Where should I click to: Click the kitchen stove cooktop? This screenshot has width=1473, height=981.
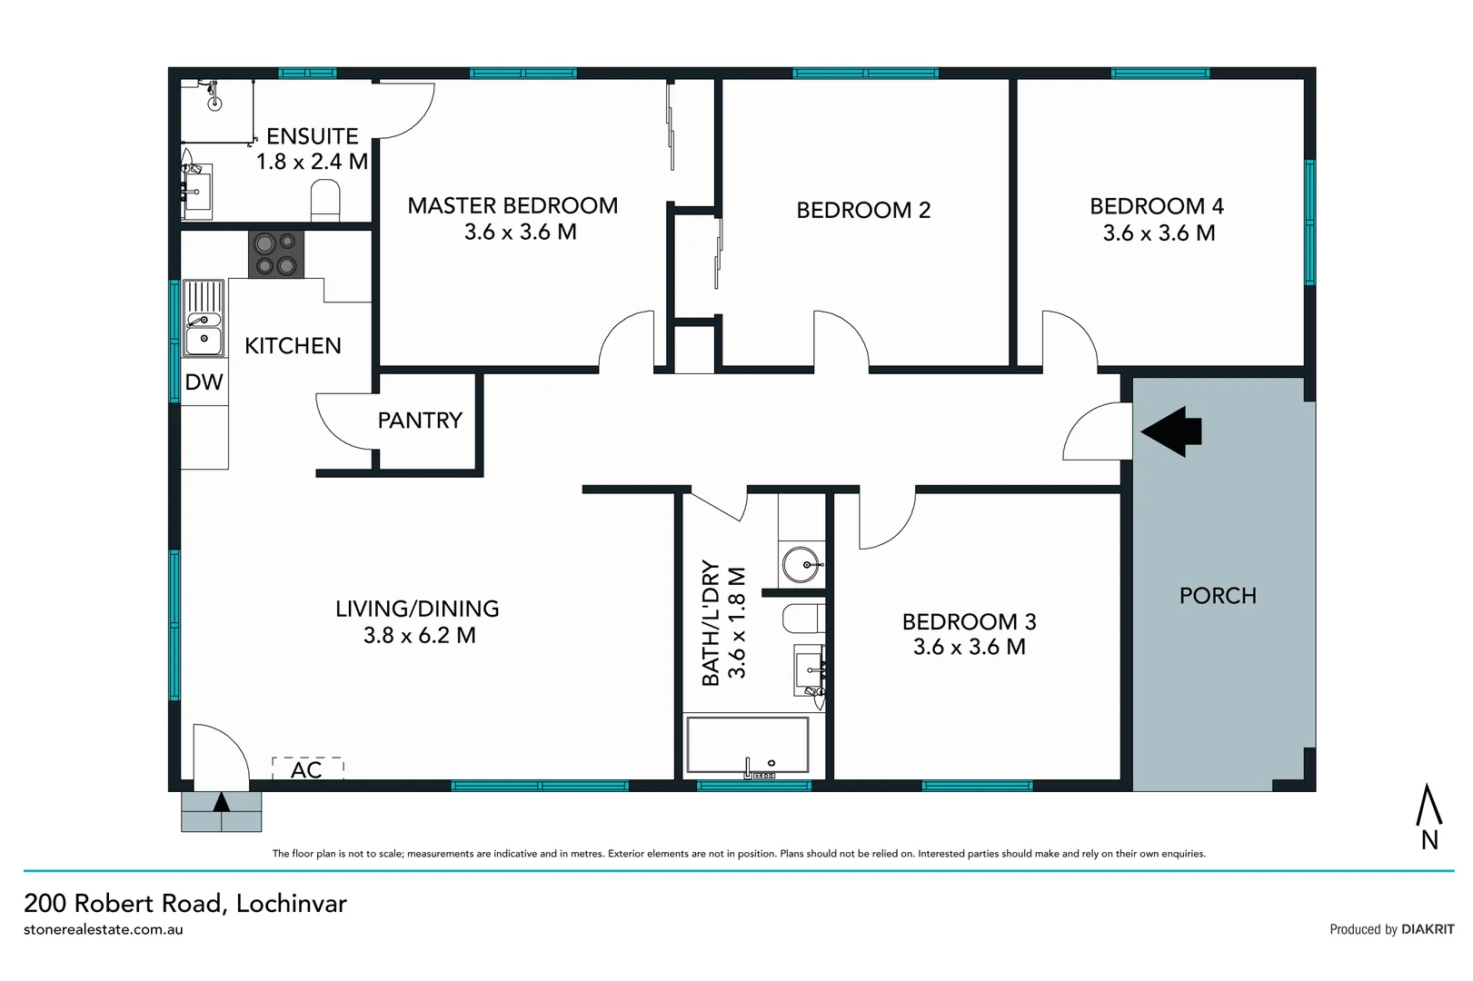tap(276, 254)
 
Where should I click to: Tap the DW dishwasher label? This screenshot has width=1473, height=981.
tap(204, 381)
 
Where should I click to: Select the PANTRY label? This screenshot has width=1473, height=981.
tap(420, 420)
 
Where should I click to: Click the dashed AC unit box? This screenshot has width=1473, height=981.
tap(307, 768)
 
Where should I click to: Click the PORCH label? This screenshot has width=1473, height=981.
tap(1218, 596)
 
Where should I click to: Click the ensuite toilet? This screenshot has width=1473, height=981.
tap(325, 200)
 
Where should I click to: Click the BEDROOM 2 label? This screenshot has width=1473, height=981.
tap(863, 210)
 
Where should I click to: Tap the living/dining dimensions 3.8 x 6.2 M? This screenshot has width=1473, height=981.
tap(419, 635)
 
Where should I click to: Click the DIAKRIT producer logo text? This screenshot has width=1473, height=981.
tap(1428, 929)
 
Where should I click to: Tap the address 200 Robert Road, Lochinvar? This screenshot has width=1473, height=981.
tap(185, 903)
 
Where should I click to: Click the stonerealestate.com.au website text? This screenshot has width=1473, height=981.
tap(104, 929)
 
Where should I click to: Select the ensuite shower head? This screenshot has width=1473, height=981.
tap(215, 102)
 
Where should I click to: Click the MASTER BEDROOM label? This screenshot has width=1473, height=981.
tap(513, 205)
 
